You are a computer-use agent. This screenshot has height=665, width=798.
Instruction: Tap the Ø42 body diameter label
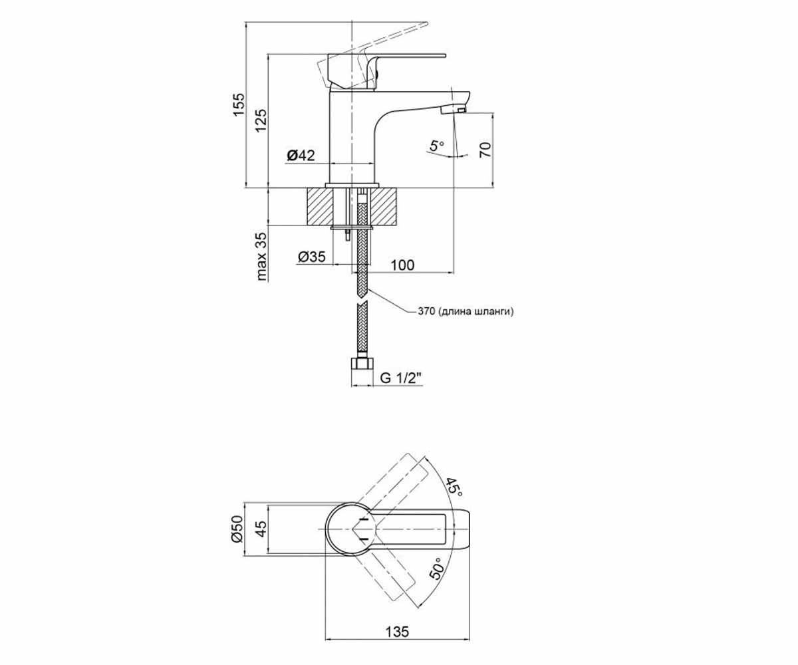pos(301,155)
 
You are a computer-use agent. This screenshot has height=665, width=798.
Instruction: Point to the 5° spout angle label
pos(437,146)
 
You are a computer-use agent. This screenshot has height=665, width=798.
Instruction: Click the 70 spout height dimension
pos(485,150)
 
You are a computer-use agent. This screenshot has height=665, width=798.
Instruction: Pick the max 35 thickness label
pos(261,257)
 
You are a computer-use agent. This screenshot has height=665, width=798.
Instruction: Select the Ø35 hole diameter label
pos(312,257)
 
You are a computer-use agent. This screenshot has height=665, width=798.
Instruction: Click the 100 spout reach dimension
pos(402,265)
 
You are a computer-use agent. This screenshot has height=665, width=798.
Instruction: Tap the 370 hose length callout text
pos(466,311)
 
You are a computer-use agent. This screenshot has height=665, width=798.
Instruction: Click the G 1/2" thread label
pos(400,378)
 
